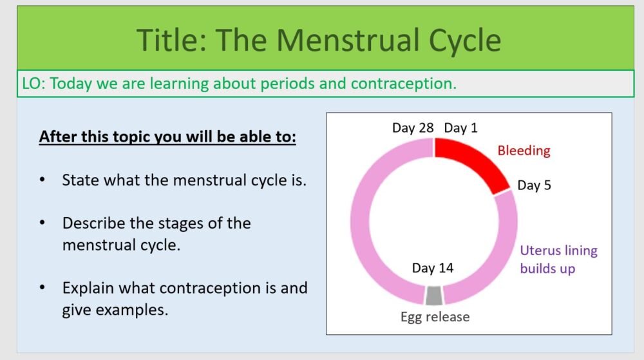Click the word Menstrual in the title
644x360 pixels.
tap(350, 40)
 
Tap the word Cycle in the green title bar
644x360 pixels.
tap(462, 40)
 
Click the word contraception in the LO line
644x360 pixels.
tap(404, 84)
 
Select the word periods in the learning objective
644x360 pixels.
tap(290, 84)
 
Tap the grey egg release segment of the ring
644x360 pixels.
tap(434, 295)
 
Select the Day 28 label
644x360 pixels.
tap(413, 128)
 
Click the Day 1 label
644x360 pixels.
tap(460, 128)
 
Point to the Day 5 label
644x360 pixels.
tap(534, 185)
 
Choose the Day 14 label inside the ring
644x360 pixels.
tap(433, 268)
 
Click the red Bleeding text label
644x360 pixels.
tap(524, 151)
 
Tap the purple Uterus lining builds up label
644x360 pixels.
tap(558, 259)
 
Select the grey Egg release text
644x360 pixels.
tap(435, 317)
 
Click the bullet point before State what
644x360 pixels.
tap(43, 180)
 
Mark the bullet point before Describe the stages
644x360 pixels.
tap(43, 223)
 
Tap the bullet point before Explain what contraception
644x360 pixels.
tap(43, 287)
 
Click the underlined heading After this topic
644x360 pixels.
tap(167, 137)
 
